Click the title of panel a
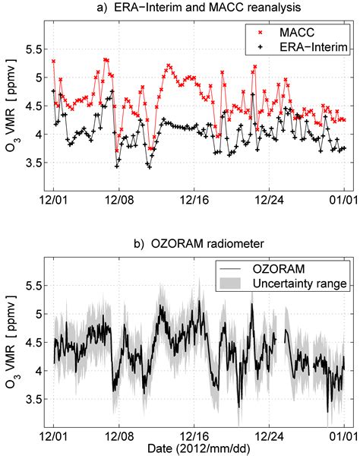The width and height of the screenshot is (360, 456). (x=193, y=8)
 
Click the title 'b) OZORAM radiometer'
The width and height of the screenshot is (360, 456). (x=193, y=244)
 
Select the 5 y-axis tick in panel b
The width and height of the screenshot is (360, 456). (x=35, y=312)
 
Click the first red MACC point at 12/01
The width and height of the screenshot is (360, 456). (x=53, y=61)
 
